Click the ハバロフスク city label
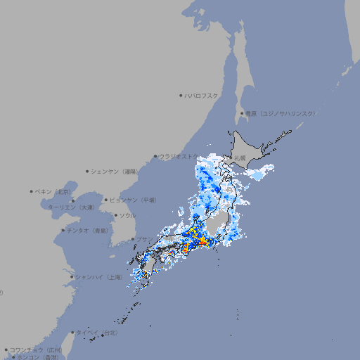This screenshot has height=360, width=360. coord(201,95)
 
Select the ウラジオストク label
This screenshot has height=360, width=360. coord(178,156)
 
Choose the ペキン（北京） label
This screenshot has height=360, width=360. coord(54,191)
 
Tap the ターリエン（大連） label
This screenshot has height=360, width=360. coord(71,207)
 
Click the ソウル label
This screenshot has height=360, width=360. coord(127,215)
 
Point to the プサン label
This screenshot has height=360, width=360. coord(143,239)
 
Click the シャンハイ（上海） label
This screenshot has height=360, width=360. coord(99,277)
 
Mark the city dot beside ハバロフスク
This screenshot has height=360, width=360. coord(181,95)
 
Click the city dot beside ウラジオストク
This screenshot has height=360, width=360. coord(155,156)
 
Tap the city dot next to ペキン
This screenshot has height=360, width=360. coord(32,191)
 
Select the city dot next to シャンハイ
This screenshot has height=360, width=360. coord(72,277)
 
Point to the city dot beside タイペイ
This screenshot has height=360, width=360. coord(72,332)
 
